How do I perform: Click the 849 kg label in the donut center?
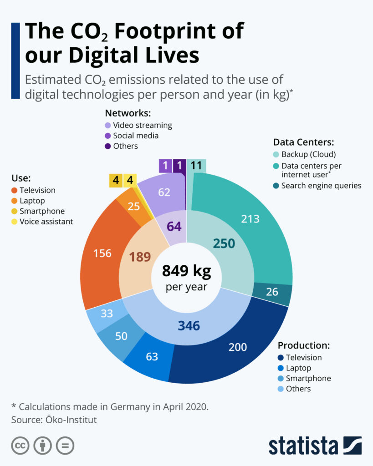(x=187, y=271)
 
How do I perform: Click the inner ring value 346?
(x=189, y=326)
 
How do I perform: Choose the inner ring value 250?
(x=224, y=243)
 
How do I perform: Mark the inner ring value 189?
(x=140, y=257)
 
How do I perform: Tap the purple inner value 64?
(x=174, y=227)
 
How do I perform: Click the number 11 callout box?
(x=196, y=165)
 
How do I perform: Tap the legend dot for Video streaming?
(x=107, y=126)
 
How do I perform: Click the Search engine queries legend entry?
(x=317, y=186)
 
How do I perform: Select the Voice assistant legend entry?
(x=42, y=222)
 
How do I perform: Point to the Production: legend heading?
(x=304, y=345)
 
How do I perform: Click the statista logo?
(x=315, y=446)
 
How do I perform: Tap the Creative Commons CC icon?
(x=20, y=446)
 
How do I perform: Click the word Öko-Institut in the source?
(x=71, y=420)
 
